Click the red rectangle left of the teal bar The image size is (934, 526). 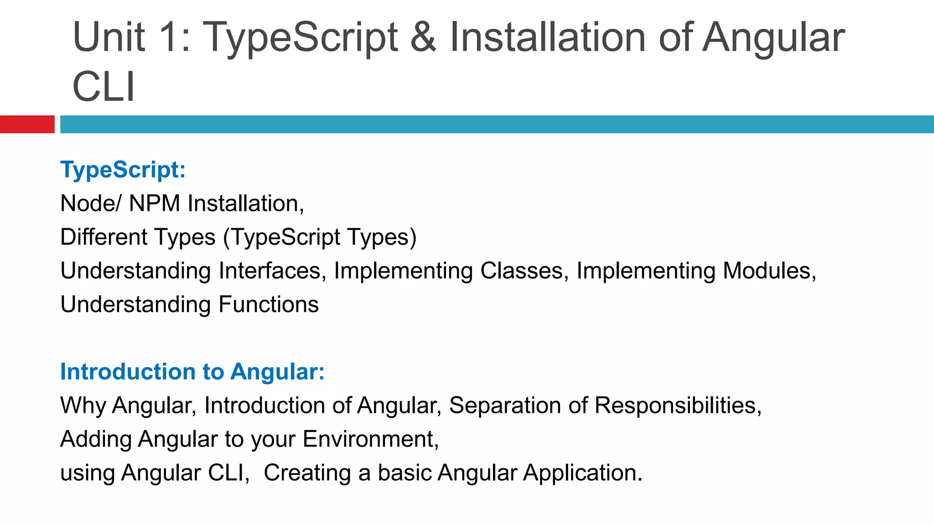[x=27, y=124]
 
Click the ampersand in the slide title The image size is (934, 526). [x=423, y=37]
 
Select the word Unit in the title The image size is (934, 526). [x=109, y=37]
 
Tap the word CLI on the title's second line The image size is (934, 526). [x=104, y=87]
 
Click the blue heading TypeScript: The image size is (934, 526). [x=123, y=170]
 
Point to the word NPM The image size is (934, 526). [x=155, y=204]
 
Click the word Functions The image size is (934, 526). [x=269, y=305]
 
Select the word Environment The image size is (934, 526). [x=370, y=439]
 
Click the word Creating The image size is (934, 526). [x=307, y=473]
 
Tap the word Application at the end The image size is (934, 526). [x=583, y=473]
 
